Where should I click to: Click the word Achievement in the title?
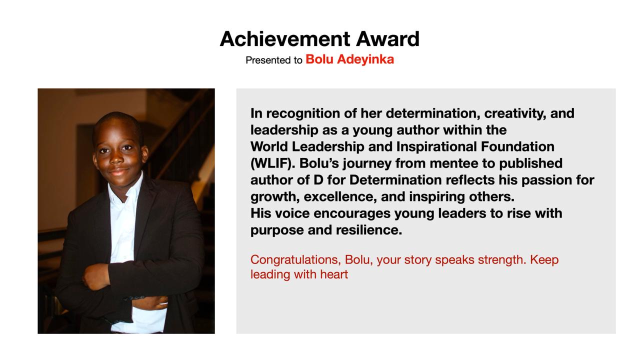(285, 39)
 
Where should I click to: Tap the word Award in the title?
(387, 39)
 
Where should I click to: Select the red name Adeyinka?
(365, 59)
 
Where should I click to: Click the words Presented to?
(273, 60)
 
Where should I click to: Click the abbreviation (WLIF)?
(273, 163)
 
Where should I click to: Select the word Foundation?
(517, 146)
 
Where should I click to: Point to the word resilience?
(369, 230)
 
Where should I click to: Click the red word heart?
(334, 274)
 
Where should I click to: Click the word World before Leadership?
(269, 146)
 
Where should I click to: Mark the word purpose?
(277, 230)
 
